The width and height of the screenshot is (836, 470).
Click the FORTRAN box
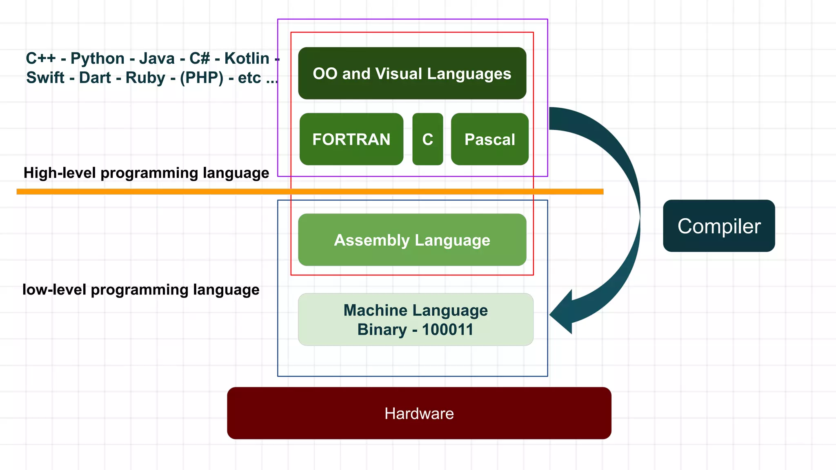(x=351, y=139)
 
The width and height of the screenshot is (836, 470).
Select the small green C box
(x=427, y=139)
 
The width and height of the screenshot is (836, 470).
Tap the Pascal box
(x=489, y=139)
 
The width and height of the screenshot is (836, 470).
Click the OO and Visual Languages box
(x=412, y=73)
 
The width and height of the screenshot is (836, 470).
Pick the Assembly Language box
(x=412, y=240)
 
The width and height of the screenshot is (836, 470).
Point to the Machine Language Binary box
(x=416, y=319)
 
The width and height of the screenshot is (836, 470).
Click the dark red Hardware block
(x=419, y=413)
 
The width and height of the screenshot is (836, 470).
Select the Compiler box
(x=718, y=226)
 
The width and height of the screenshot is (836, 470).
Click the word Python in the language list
(x=97, y=58)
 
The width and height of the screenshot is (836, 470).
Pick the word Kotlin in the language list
(x=247, y=58)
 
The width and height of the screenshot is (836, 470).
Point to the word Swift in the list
(x=45, y=78)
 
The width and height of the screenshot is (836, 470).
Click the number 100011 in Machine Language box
(x=447, y=330)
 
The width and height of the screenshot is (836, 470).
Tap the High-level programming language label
(x=146, y=173)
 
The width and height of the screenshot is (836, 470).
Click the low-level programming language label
(x=141, y=290)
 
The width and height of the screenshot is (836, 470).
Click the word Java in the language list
(x=157, y=58)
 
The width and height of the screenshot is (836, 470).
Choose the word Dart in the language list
(x=95, y=78)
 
